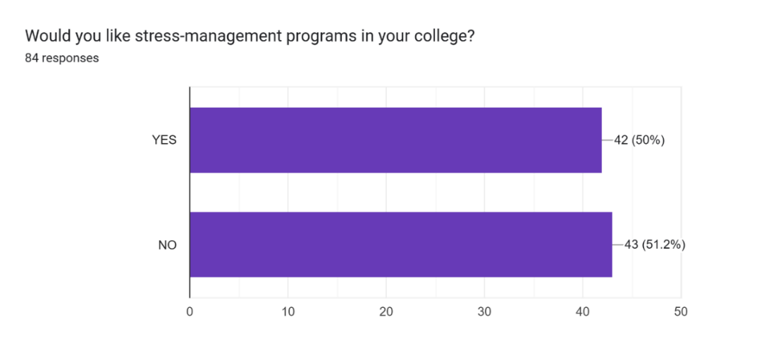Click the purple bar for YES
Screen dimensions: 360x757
point(395,140)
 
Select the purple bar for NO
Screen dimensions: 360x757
point(400,244)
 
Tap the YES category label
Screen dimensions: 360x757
point(164,140)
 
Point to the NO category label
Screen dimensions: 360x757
point(168,245)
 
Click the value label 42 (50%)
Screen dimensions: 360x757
point(639,140)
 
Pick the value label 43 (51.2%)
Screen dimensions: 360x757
point(655,245)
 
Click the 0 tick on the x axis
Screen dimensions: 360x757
point(190,311)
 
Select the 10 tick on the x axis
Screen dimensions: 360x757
point(288,311)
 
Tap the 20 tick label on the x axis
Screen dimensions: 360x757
point(386,311)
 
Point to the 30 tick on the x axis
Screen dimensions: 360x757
point(484,311)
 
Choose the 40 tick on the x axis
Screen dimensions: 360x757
point(582,311)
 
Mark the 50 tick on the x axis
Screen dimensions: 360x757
point(680,311)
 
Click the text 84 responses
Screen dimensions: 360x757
point(62,58)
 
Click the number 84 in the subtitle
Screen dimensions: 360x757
point(32,58)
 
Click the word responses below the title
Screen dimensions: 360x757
point(70,58)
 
